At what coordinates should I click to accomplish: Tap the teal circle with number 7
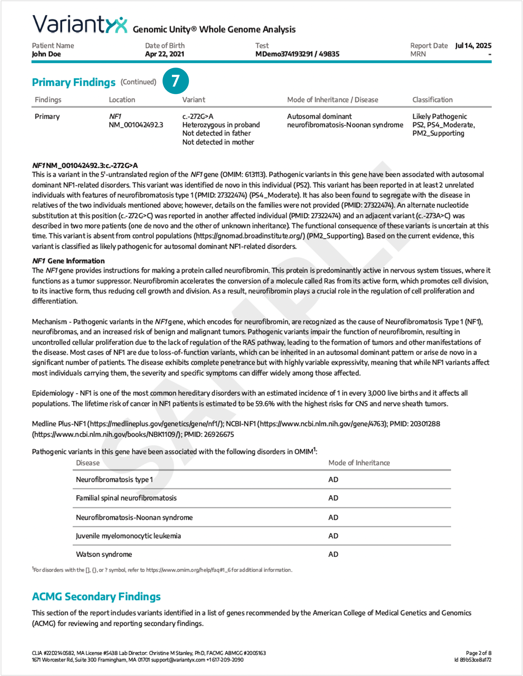tap(175, 81)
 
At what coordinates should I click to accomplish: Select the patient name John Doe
tap(46, 54)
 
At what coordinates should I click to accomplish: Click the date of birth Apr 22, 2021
tap(165, 54)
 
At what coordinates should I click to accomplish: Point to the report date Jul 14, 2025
tap(473, 46)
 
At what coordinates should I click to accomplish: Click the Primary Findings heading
tap(74, 82)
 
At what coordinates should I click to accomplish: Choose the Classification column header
tap(432, 100)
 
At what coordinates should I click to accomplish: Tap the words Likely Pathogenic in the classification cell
tap(439, 117)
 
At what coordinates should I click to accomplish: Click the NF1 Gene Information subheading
tap(68, 261)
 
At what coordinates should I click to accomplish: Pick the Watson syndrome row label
tap(104, 554)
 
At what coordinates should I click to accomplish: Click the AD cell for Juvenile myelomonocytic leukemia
tap(333, 536)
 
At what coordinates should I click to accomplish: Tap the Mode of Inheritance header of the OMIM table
tap(359, 463)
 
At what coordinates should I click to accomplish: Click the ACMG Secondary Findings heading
tap(96, 596)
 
